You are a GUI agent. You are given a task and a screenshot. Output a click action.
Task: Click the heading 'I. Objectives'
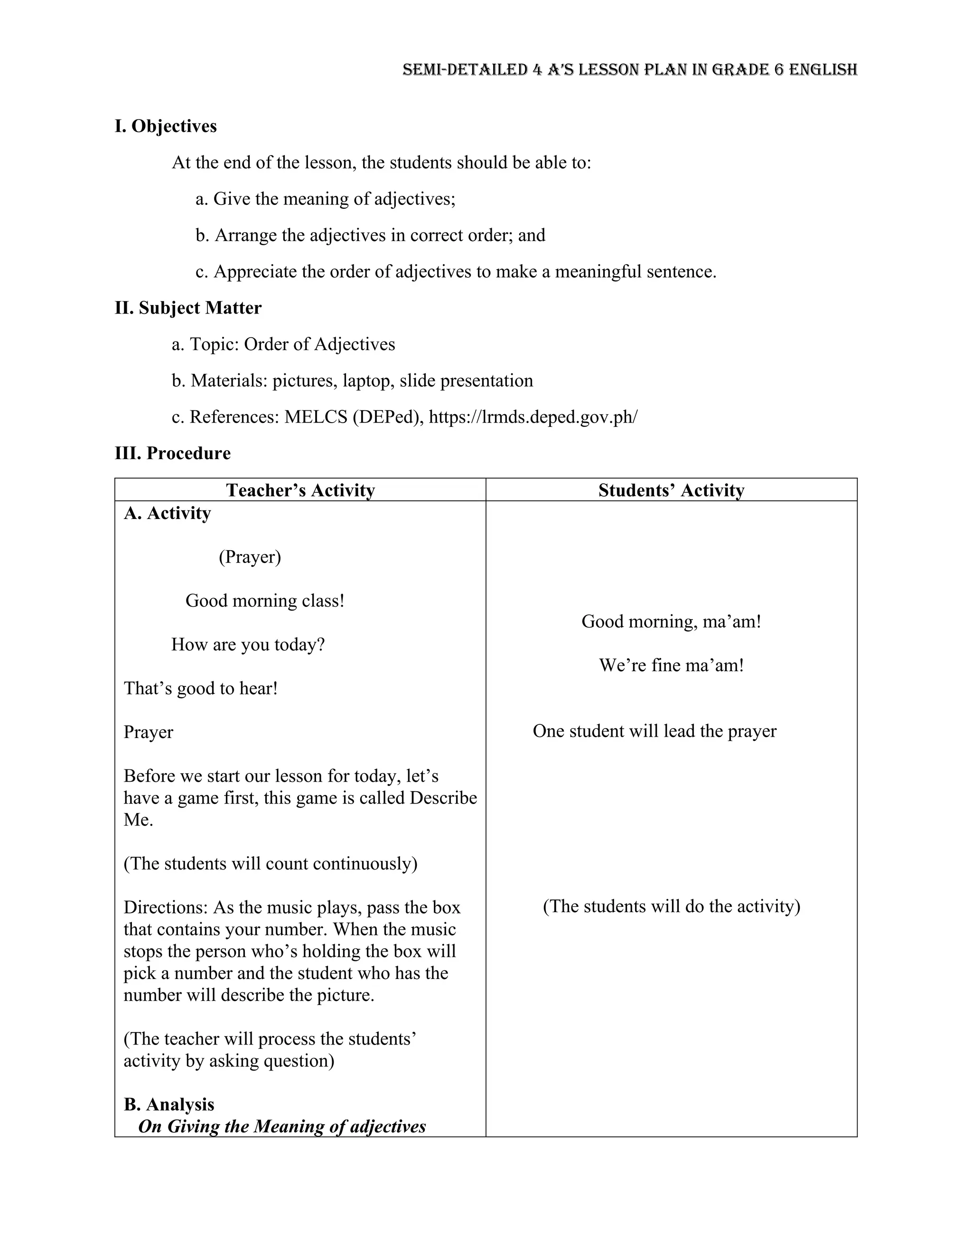point(166,126)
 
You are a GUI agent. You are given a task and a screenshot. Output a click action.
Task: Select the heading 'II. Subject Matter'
point(188,308)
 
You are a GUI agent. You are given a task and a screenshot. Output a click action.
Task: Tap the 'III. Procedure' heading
point(172,453)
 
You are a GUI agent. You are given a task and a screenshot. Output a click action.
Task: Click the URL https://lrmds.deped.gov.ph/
point(533,416)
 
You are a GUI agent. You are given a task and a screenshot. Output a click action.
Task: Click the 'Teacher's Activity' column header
point(300,490)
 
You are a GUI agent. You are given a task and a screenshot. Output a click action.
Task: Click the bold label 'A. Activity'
point(167,513)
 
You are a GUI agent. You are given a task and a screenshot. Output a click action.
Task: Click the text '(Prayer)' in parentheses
point(250,556)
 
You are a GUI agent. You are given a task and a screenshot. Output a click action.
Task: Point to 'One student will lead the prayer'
point(654,731)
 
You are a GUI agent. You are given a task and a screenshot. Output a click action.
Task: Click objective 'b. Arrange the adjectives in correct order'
point(370,235)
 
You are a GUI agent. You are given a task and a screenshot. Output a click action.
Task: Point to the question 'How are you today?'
point(248,645)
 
